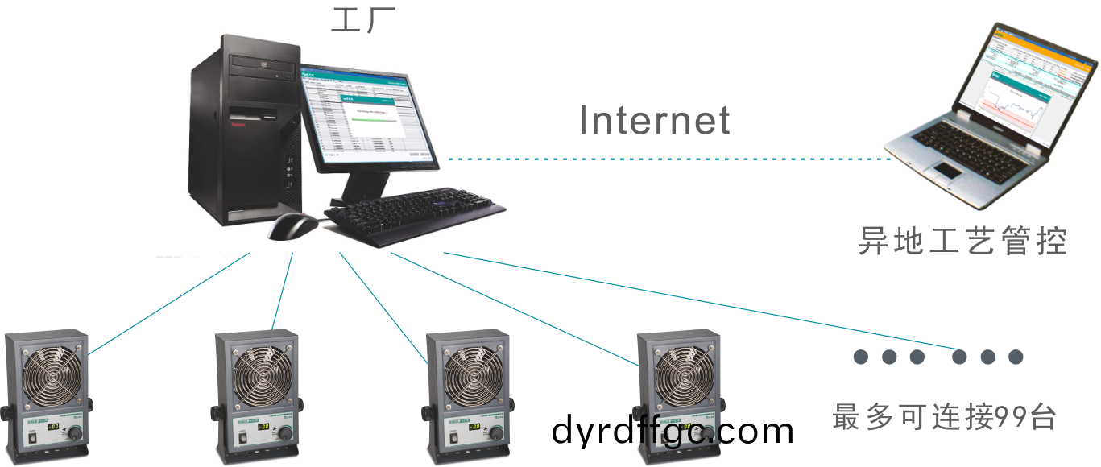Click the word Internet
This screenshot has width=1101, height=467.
(654, 121)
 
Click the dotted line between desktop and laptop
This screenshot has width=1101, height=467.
(668, 159)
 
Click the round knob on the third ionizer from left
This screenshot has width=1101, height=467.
(497, 434)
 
